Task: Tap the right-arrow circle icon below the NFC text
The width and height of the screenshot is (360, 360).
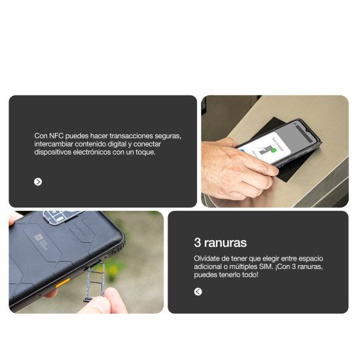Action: (x=38, y=181)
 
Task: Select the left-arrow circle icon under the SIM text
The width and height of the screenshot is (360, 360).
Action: (x=198, y=291)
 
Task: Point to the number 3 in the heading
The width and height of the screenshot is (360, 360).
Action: (x=198, y=243)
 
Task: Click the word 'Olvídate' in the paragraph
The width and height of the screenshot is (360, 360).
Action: (x=207, y=259)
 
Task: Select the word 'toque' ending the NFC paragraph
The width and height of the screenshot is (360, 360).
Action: (x=145, y=152)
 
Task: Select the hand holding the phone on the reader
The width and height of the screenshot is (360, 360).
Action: (x=232, y=167)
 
